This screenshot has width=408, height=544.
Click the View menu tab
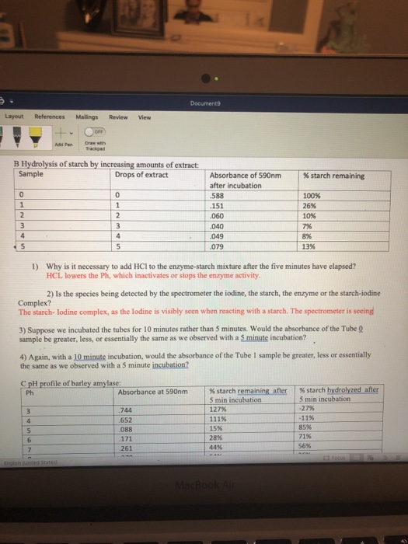pos(144,117)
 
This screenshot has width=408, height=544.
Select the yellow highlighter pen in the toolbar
pos(35,134)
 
